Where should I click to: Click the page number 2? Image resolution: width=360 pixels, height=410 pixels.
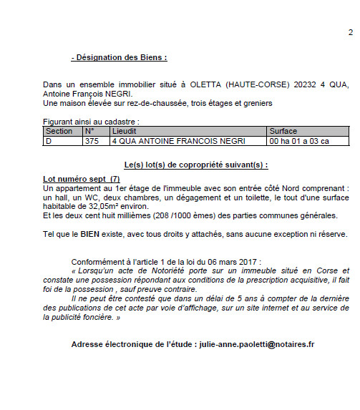click(351, 32)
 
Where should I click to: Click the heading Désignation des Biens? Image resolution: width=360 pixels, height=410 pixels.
click(120, 57)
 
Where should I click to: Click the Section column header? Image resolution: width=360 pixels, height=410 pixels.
click(59, 132)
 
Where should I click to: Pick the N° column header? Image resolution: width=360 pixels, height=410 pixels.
click(89, 132)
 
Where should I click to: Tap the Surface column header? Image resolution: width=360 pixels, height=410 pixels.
click(283, 132)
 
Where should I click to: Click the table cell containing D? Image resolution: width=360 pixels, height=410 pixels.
click(49, 141)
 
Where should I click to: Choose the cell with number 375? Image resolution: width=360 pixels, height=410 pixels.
click(92, 141)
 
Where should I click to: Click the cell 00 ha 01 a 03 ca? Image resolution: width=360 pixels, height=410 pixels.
click(298, 141)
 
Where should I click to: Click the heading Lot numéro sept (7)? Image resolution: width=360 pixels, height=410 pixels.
click(81, 178)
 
